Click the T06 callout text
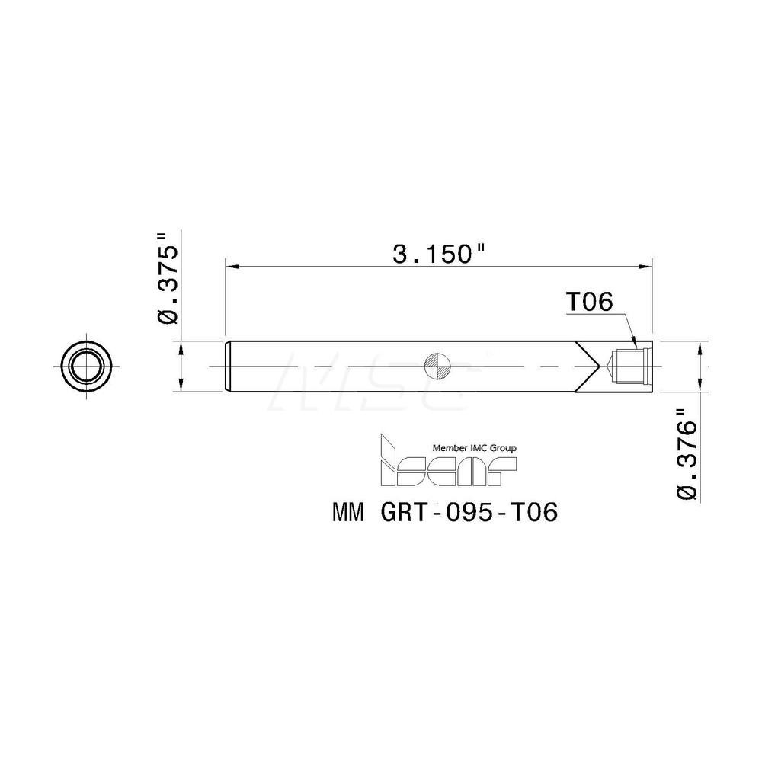(588, 303)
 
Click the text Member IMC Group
(474, 448)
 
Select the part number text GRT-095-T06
(469, 514)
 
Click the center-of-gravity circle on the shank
(438, 367)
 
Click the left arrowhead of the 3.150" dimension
(230, 267)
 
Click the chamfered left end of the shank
(229, 367)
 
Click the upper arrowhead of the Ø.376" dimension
(701, 347)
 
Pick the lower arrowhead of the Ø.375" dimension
(181, 386)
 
